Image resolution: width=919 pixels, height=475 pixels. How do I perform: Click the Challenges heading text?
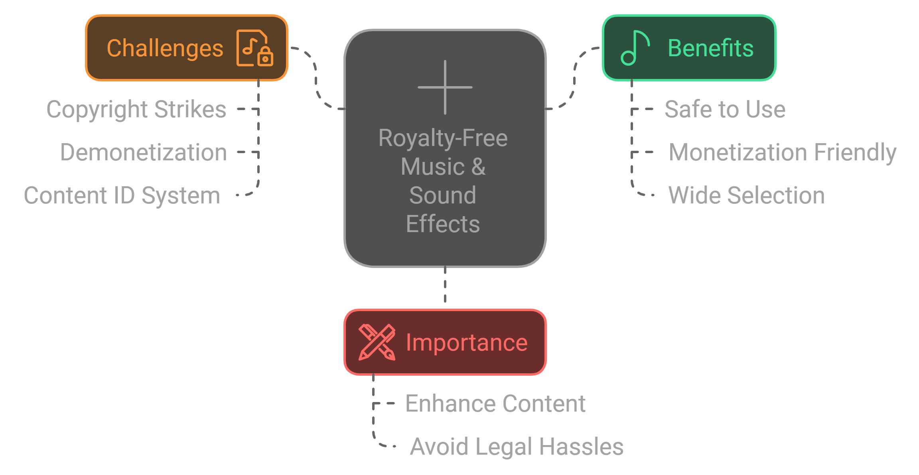pyautogui.click(x=165, y=48)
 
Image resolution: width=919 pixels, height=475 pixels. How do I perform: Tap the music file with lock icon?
pyautogui.click(x=254, y=48)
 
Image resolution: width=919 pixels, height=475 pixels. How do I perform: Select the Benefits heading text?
pyautogui.click(x=710, y=48)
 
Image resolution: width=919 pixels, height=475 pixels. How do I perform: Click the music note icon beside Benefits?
pyautogui.click(x=635, y=48)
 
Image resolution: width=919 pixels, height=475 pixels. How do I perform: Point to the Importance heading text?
pyautogui.click(x=467, y=343)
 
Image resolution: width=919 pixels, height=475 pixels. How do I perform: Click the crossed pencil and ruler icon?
pyautogui.click(x=377, y=343)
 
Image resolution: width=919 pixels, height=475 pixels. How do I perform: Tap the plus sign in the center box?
pyautogui.click(x=445, y=87)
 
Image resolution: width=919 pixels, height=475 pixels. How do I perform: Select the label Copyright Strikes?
pyautogui.click(x=136, y=109)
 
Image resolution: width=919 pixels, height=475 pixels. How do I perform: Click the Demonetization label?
pyautogui.click(x=144, y=152)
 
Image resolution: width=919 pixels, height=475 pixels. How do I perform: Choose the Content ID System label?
pyautogui.click(x=122, y=195)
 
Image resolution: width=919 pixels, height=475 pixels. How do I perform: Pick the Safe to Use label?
pyautogui.click(x=725, y=109)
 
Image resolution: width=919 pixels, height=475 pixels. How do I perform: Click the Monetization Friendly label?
pyautogui.click(x=783, y=152)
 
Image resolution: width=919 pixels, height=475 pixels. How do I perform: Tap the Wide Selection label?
pyautogui.click(x=746, y=195)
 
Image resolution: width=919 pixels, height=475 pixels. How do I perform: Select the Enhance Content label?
pyautogui.click(x=495, y=404)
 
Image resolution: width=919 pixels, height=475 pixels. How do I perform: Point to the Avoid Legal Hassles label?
pyautogui.click(x=517, y=447)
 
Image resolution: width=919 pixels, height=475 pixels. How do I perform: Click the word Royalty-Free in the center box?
pyautogui.click(x=443, y=138)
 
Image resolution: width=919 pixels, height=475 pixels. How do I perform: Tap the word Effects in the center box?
pyautogui.click(x=443, y=224)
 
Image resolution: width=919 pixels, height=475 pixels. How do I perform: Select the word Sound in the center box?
pyautogui.click(x=443, y=195)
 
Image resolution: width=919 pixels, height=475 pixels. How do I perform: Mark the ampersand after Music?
pyautogui.click(x=478, y=167)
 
